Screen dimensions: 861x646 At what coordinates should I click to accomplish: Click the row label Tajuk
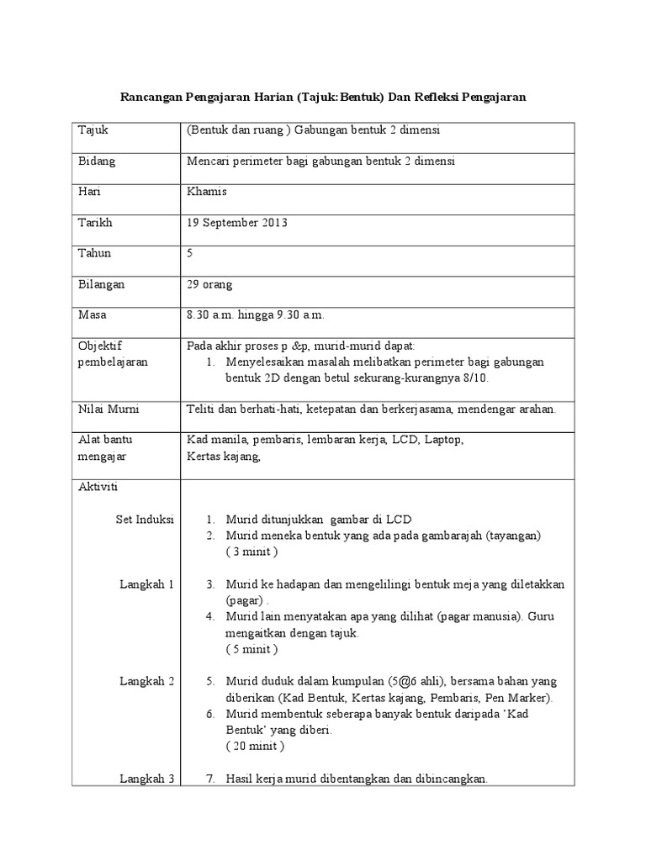tap(93, 130)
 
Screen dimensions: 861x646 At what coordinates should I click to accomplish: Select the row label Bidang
tap(97, 161)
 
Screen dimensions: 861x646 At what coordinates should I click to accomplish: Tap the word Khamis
tap(207, 192)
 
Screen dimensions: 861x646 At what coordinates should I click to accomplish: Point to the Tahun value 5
tap(190, 253)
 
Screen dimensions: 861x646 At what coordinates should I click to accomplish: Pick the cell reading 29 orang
tap(210, 284)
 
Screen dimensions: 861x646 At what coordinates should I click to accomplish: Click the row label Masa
tap(93, 315)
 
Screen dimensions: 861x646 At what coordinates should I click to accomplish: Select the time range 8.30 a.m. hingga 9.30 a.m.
tap(255, 315)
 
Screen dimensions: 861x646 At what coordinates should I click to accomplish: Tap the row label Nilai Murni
tap(109, 409)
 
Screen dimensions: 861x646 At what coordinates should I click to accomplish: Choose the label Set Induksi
tap(144, 520)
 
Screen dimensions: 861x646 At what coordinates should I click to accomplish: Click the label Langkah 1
tap(147, 584)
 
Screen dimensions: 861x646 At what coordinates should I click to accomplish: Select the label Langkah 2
tap(147, 681)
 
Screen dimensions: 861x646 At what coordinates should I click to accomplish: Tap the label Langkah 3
tap(147, 779)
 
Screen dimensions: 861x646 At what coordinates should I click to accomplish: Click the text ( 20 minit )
tap(256, 746)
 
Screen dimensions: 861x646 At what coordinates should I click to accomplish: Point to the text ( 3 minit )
tap(252, 552)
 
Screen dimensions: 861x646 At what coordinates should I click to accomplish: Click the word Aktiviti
tap(98, 488)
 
